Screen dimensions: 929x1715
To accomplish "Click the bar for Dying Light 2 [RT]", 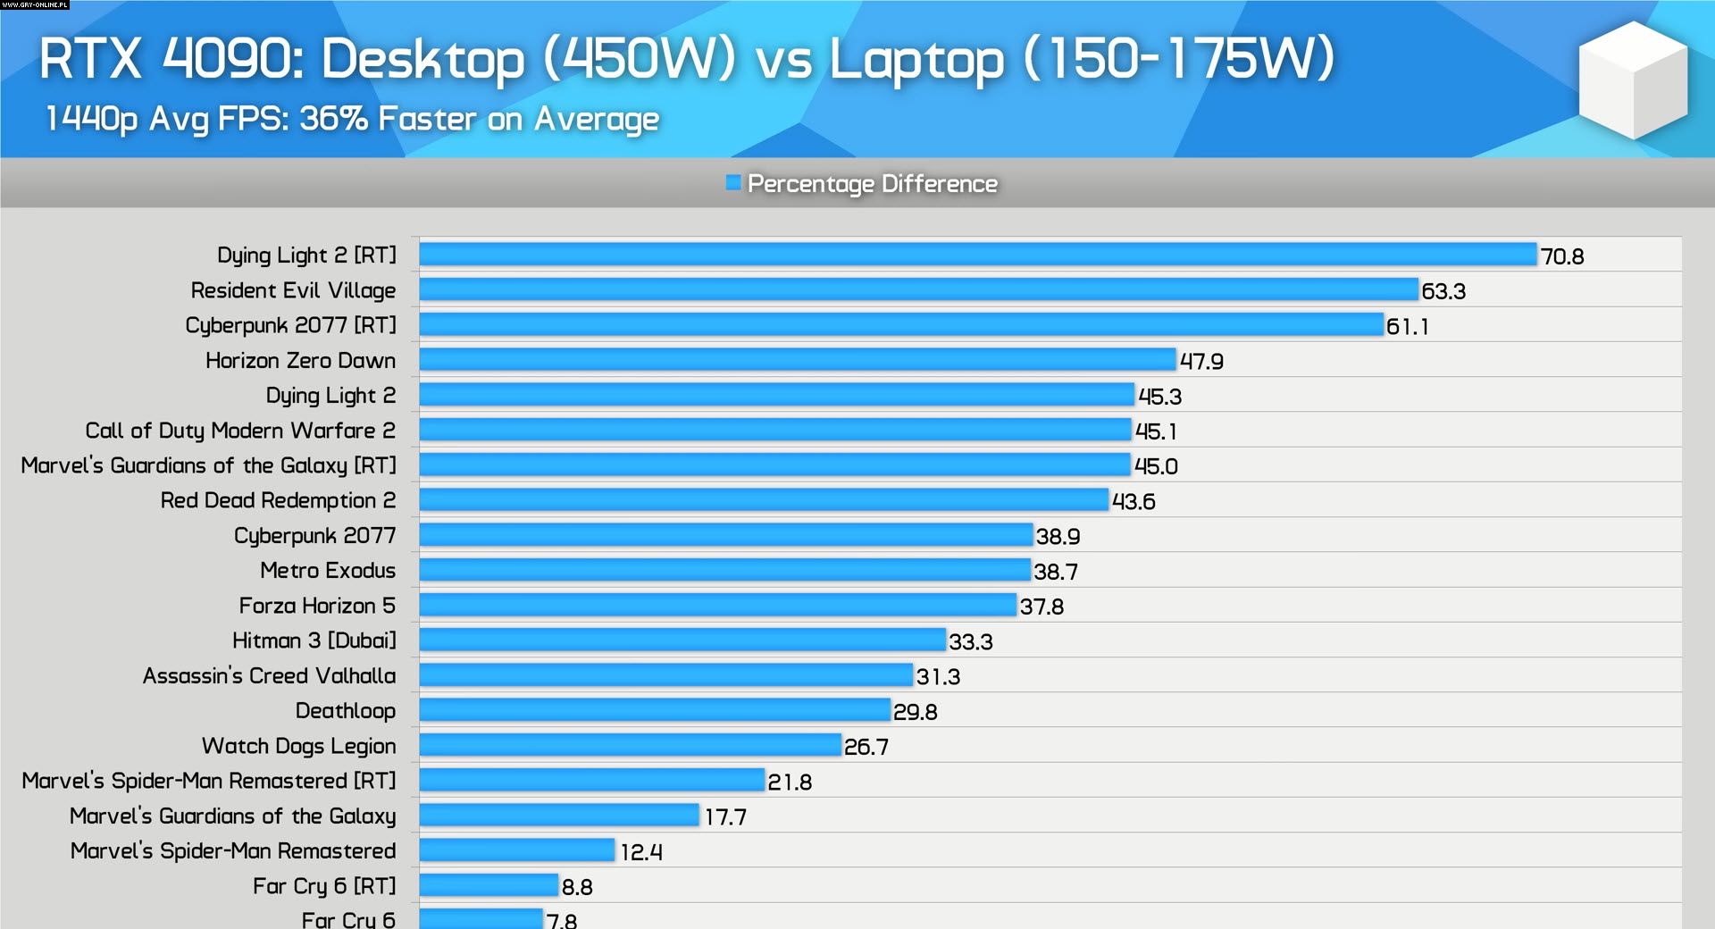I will point(977,255).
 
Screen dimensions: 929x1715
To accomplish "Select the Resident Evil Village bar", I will point(918,289).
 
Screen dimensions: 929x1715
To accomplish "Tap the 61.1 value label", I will point(1407,326).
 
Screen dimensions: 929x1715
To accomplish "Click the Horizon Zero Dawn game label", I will point(300,360).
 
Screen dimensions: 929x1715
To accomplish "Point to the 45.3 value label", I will point(1159,396).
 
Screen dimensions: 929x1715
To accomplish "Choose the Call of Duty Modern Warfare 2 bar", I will point(775,430).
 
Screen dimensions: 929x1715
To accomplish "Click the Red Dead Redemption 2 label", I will point(278,500).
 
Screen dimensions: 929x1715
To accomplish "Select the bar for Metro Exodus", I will point(724,570).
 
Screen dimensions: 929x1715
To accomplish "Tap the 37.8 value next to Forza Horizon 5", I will point(1042,607).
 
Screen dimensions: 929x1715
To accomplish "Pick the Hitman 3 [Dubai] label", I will point(314,640).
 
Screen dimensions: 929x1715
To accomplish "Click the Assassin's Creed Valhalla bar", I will point(666,675).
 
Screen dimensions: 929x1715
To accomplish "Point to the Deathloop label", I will point(345,711).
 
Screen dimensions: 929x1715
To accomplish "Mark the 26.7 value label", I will point(866,747).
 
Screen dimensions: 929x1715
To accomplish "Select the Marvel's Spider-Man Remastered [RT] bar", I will point(592,780).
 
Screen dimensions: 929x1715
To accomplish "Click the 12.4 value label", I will point(641,852).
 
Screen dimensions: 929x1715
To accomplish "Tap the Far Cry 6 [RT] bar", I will point(489,885).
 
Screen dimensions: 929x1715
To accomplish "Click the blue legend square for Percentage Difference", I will point(733,183).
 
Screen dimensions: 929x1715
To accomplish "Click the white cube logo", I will point(1633,80).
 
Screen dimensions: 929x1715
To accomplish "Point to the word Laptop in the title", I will point(916,59).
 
